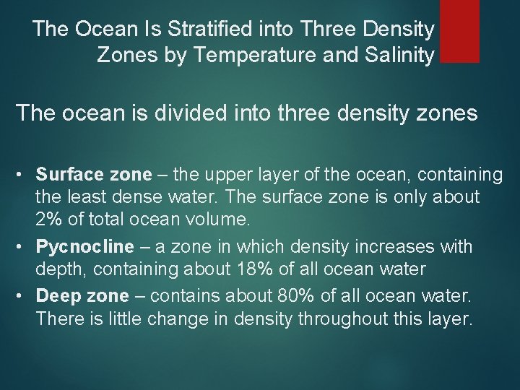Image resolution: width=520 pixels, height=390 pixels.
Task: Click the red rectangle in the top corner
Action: [459, 30]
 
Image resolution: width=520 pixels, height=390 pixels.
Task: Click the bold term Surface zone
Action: [94, 174]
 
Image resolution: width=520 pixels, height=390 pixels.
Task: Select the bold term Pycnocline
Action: [85, 246]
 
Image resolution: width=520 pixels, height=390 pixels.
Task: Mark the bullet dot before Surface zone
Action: [25, 175]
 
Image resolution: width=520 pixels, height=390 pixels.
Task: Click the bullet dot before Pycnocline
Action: [25, 248]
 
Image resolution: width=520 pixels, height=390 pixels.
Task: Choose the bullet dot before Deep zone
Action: [25, 296]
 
